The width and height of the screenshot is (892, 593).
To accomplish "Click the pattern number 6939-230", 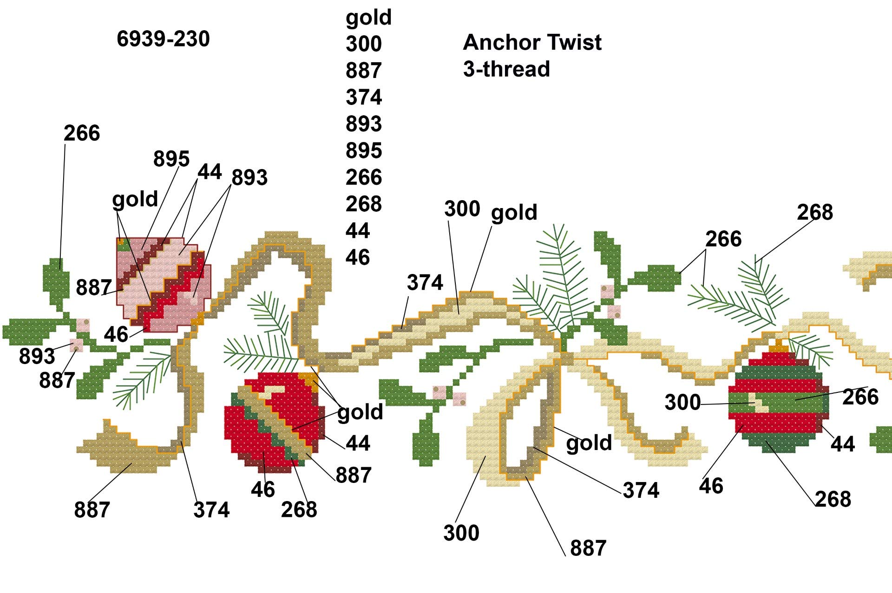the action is tap(163, 39).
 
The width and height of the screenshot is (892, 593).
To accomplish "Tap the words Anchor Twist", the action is tap(532, 43).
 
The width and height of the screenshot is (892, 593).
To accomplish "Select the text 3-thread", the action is tap(506, 69).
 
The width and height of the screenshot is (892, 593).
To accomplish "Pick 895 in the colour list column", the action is tap(363, 150).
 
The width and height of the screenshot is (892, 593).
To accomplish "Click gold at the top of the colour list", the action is tap(368, 18).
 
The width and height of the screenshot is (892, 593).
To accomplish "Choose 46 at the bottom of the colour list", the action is tap(357, 257).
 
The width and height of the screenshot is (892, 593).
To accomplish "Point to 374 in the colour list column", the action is tap(363, 98).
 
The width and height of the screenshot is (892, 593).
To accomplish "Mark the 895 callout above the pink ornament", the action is tap(171, 159).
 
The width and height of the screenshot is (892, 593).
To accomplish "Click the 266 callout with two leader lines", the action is tap(723, 239).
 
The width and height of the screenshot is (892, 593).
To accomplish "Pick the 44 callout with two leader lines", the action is tap(210, 172).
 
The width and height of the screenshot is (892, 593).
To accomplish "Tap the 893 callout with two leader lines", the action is tap(249, 178).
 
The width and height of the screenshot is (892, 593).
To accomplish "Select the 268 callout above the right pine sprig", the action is tap(815, 213).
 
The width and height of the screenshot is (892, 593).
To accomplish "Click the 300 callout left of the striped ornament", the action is tap(682, 403).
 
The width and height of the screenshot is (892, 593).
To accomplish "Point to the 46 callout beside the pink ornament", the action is tap(116, 334).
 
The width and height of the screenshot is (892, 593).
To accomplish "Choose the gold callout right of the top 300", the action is tap(514, 213).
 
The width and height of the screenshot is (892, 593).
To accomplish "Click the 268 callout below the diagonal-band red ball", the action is tap(299, 509).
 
